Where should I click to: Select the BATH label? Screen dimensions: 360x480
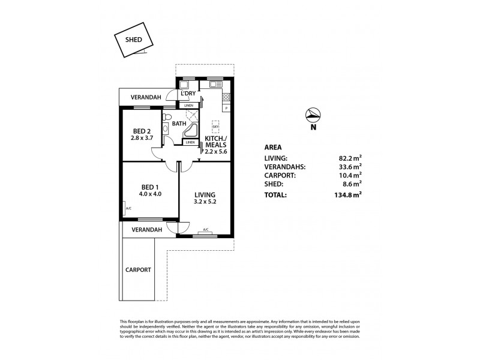tap(179, 124)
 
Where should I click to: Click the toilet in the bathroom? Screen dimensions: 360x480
tap(169, 116)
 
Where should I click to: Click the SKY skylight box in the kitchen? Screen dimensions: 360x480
tap(215, 128)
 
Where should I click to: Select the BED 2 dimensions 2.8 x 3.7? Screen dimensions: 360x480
tap(142, 137)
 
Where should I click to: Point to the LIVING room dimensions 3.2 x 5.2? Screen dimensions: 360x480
tap(204, 203)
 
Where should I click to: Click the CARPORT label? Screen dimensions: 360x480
tap(139, 270)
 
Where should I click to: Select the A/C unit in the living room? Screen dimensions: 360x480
tap(206, 229)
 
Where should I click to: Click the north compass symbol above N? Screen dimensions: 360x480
tap(312, 115)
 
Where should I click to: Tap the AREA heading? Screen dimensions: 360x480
tap(273, 147)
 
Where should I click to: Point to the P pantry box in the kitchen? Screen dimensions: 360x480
tap(226, 108)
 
